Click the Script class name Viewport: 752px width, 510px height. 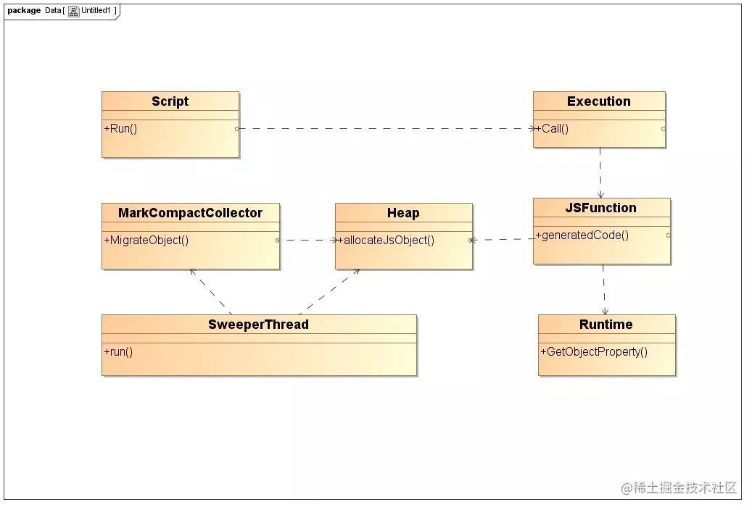170,101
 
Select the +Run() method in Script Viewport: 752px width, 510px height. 120,128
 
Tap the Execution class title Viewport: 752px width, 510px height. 598,101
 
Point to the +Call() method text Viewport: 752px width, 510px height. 552,128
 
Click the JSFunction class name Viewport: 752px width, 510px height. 600,207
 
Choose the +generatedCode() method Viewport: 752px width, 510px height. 582,235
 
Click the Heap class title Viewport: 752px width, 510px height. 403,213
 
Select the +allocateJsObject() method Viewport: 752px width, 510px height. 386,240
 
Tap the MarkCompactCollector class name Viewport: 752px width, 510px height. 190,213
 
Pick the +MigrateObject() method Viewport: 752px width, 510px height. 146,240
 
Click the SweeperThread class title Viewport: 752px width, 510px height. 258,325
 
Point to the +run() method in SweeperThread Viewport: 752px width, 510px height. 118,351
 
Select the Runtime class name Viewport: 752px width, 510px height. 606,325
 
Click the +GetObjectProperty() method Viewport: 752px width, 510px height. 594,351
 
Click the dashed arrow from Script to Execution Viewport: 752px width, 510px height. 386,128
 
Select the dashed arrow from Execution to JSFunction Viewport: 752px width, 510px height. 600,172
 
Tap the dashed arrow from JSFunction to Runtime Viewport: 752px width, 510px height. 604,290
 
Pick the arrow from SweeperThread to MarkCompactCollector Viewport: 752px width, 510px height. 210,292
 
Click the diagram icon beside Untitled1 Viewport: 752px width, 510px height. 73,11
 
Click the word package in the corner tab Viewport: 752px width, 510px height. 24,10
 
